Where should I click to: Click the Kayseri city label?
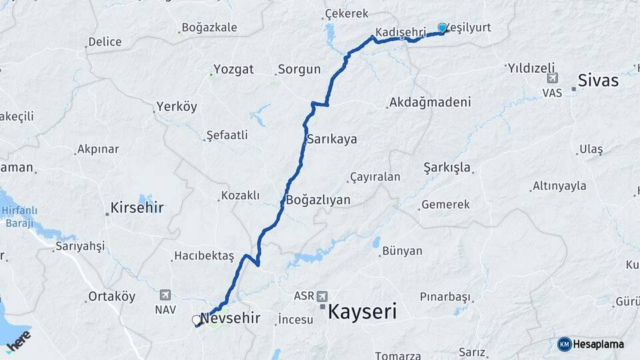(x=363, y=311)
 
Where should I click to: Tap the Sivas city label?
(x=598, y=81)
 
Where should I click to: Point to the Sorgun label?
(x=299, y=69)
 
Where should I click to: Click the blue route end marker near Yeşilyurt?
(x=442, y=27)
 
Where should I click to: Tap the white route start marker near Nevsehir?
(x=197, y=320)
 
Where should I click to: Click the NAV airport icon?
(x=165, y=295)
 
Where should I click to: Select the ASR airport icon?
(x=323, y=295)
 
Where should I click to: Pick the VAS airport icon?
(x=552, y=78)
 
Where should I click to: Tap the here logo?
(x=19, y=340)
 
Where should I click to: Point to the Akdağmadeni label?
(x=430, y=102)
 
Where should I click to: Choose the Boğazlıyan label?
(x=319, y=199)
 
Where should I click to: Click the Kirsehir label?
(x=137, y=207)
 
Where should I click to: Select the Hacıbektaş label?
(x=204, y=255)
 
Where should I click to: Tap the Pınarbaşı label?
(x=445, y=296)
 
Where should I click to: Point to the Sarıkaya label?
(x=331, y=139)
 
